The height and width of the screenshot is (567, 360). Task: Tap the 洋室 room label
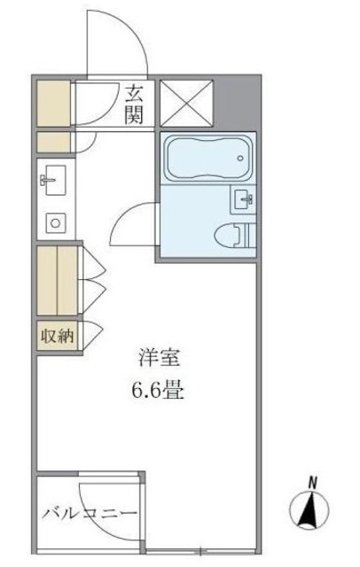[x=160, y=359]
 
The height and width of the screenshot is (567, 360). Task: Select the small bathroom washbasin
[x=242, y=199]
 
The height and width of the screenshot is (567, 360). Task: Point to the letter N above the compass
[x=312, y=480]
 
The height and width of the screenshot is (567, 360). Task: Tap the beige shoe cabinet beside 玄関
[x=55, y=104]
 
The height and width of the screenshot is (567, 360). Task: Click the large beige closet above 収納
[x=58, y=279]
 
